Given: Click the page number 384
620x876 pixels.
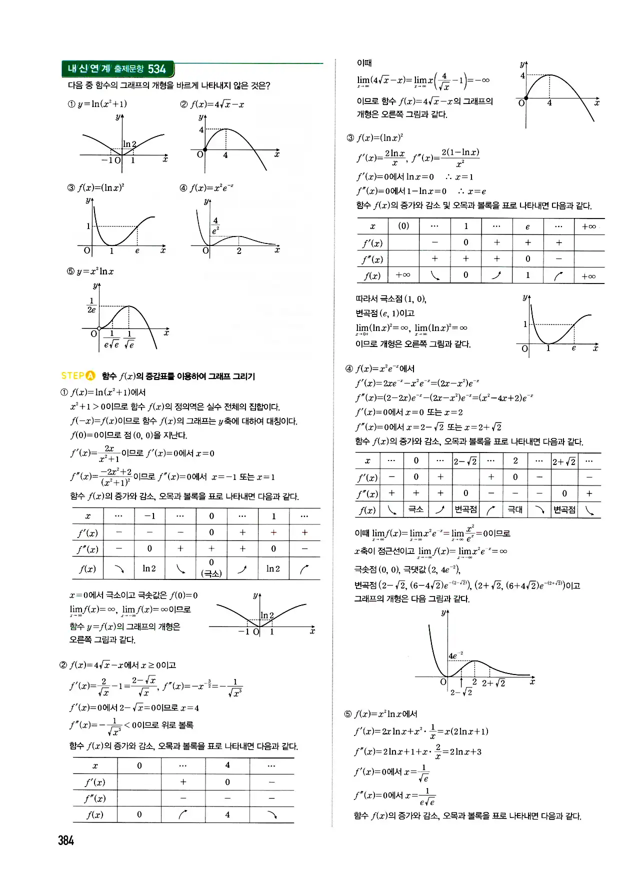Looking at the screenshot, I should [x=66, y=840].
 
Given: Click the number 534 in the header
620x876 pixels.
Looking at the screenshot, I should [x=156, y=69].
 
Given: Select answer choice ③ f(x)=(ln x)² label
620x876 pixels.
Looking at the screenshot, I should [x=96, y=188].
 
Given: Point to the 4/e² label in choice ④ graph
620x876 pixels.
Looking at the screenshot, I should [x=215, y=225].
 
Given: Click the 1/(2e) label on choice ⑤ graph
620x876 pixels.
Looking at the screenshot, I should [x=91, y=305].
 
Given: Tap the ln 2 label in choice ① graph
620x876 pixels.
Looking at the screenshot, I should [x=129, y=144].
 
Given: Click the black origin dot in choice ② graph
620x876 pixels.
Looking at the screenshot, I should [x=205, y=149].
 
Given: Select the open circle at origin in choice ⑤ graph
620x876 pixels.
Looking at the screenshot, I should [x=99, y=328].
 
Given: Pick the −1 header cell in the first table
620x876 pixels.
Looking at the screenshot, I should [x=149, y=516].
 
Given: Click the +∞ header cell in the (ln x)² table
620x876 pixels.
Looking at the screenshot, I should [x=589, y=226].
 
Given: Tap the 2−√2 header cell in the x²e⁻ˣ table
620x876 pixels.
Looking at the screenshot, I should [x=465, y=461].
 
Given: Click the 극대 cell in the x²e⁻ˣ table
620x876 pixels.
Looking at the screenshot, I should [x=515, y=509].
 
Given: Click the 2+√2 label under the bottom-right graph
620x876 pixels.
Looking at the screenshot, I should [x=493, y=683].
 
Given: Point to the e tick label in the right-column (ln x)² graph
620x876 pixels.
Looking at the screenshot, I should [x=573, y=348].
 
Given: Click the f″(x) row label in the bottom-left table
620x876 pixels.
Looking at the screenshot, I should [x=94, y=798].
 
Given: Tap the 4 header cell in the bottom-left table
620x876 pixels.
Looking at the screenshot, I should [x=227, y=765].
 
